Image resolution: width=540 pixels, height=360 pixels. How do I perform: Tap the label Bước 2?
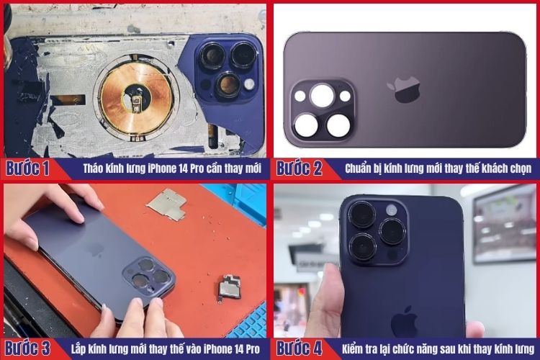[299, 169]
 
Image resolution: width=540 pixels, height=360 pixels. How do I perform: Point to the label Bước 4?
[299, 348]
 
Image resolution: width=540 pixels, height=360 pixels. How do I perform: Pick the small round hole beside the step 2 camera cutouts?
[345, 96]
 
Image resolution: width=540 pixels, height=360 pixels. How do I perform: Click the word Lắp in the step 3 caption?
[79, 348]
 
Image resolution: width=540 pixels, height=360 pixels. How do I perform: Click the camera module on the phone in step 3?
[147, 278]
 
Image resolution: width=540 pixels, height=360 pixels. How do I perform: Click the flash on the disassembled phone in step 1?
[249, 84]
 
